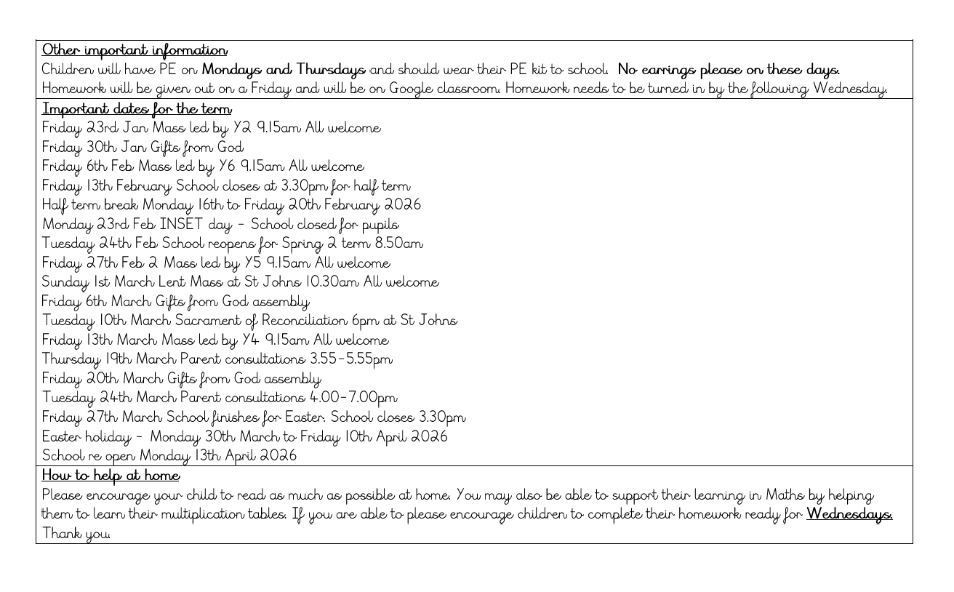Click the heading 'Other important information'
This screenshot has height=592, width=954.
point(135,50)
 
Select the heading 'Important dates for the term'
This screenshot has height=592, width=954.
point(137,108)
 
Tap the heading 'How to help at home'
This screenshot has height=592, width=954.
point(111,476)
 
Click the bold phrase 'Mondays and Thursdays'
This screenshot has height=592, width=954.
point(284,70)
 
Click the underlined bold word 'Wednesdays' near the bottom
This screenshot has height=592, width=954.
point(849,514)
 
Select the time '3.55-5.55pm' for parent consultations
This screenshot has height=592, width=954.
point(351,359)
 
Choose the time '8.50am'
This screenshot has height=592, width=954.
point(398,244)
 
